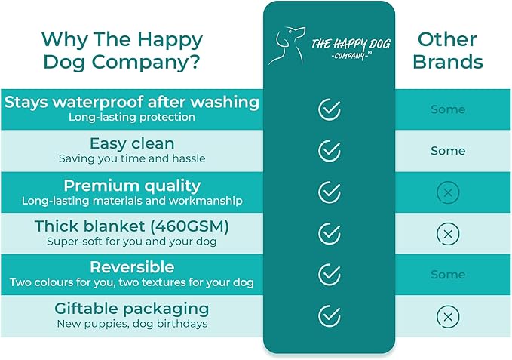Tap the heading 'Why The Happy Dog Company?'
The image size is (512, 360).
122,50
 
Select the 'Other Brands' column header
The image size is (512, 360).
448,50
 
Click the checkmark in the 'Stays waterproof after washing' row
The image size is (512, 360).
330,109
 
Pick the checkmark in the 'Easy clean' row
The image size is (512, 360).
330,151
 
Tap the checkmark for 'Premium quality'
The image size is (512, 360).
330,192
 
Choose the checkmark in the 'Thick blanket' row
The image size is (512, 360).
330,234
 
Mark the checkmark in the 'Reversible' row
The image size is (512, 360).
330,275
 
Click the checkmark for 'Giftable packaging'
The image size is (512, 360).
330,315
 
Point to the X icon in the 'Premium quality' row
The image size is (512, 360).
448,193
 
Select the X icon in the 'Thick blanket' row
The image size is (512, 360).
448,234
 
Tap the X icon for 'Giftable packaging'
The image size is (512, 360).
448,316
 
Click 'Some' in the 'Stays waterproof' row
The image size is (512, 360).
448,109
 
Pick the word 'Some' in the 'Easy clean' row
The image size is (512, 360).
448,151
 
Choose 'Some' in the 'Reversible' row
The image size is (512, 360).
448,275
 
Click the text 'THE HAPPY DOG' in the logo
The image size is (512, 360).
351,43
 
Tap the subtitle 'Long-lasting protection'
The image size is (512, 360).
131,117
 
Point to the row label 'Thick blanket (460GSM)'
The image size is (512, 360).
131,226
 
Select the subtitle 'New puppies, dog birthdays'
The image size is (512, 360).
131,324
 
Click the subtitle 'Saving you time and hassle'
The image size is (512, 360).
131,158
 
